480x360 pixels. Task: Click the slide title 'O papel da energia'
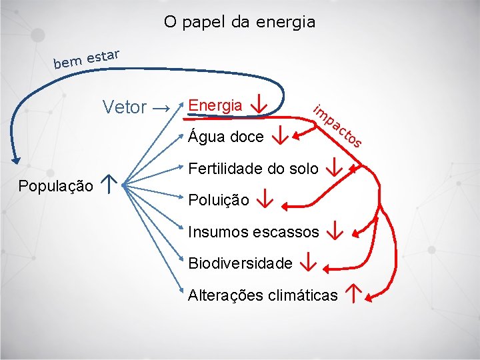click(x=239, y=22)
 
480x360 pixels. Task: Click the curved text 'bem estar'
click(x=87, y=58)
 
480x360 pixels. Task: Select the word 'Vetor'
click(x=125, y=107)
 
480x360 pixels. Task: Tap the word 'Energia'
click(x=215, y=105)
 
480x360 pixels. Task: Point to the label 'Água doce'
click(x=226, y=137)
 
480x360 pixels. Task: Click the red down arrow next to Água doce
click(x=281, y=137)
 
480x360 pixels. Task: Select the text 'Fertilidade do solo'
click(x=253, y=169)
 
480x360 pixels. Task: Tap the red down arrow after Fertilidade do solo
click(x=334, y=167)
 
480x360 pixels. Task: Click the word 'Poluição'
click(x=219, y=199)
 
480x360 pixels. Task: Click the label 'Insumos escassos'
click(x=253, y=232)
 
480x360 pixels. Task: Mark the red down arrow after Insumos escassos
click(x=335, y=231)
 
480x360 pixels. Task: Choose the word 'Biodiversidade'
click(x=240, y=263)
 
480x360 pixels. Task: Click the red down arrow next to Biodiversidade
click(x=307, y=263)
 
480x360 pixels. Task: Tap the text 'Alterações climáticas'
click(x=263, y=295)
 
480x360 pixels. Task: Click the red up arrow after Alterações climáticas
click(x=353, y=293)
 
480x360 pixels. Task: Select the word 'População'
click(x=55, y=186)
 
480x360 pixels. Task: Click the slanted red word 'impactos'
click(x=338, y=125)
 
